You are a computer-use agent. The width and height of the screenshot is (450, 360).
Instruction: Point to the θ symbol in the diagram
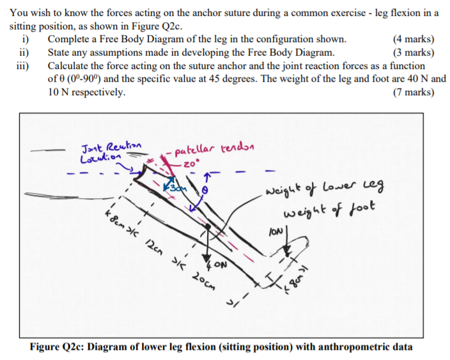click(x=205, y=191)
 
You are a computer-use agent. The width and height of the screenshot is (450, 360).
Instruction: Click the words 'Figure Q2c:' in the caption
click(x=58, y=347)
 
